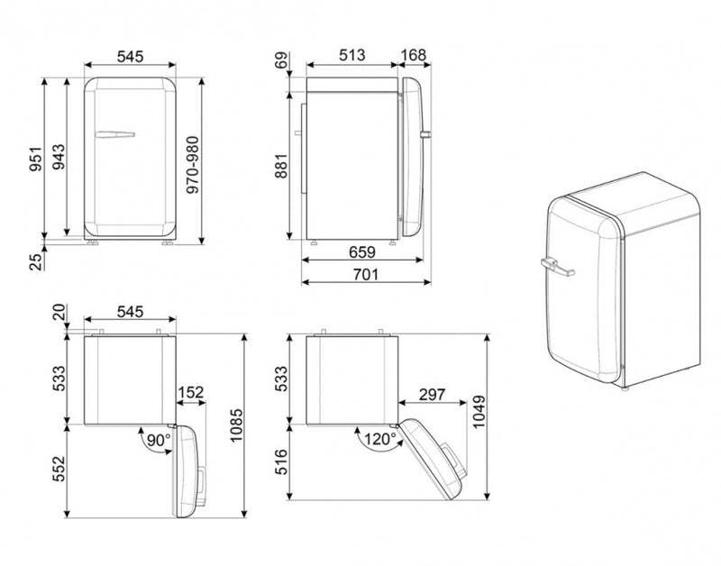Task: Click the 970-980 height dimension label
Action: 193,165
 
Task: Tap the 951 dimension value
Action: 35,159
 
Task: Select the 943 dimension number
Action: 59,157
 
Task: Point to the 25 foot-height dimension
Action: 35,261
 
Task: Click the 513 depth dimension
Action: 352,55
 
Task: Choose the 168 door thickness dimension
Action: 414,55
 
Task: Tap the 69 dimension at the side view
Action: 281,60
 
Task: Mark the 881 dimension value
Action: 281,166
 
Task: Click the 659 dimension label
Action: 362,252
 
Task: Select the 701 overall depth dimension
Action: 366,275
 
